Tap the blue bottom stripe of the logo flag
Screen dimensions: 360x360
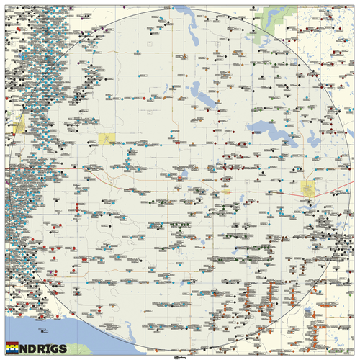[x=12, y=354]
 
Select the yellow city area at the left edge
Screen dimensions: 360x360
[x=19, y=125]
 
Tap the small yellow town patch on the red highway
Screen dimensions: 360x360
[x=225, y=192]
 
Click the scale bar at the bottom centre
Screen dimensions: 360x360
[x=179, y=356]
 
